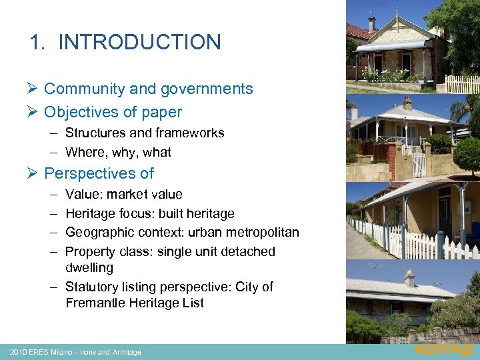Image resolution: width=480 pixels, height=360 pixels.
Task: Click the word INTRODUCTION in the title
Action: click(x=139, y=42)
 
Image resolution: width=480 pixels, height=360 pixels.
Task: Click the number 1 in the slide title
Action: click(x=36, y=42)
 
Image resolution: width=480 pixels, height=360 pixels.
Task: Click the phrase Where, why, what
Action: click(x=118, y=152)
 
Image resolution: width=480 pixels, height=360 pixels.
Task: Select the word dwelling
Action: click(x=89, y=267)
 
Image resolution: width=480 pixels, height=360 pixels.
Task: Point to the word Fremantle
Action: click(x=97, y=303)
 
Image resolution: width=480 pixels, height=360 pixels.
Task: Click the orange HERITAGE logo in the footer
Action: click(x=444, y=351)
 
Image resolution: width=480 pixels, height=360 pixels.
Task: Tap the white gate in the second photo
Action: click(x=419, y=164)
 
